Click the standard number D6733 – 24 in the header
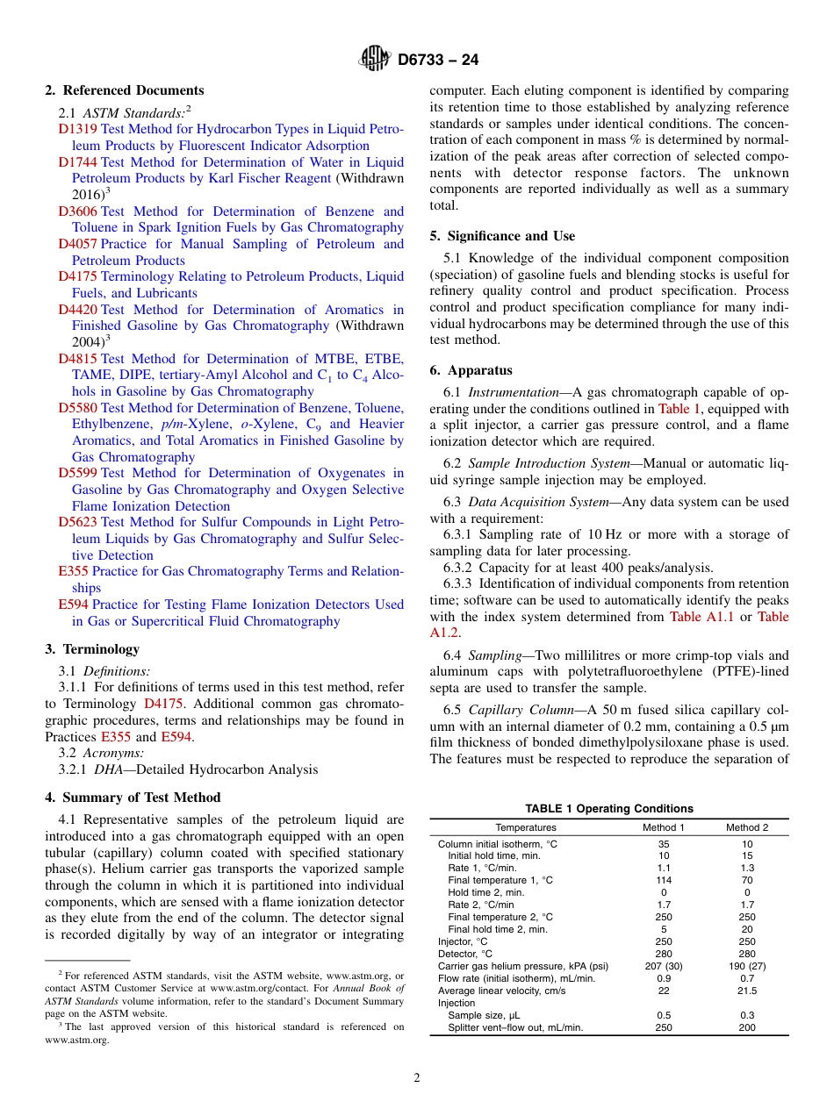[x=438, y=61]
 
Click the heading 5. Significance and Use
[x=502, y=236]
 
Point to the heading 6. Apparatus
[x=471, y=370]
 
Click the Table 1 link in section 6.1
[x=679, y=408]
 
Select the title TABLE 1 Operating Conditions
[x=608, y=809]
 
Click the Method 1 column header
[x=664, y=827]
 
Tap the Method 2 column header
[x=746, y=827]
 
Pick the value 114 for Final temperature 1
[x=664, y=880]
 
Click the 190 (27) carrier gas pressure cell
[x=746, y=966]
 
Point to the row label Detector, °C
[x=465, y=954]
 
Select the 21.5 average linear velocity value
[x=746, y=991]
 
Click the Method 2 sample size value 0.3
[x=746, y=1015]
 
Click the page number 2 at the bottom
[x=417, y=1078]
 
